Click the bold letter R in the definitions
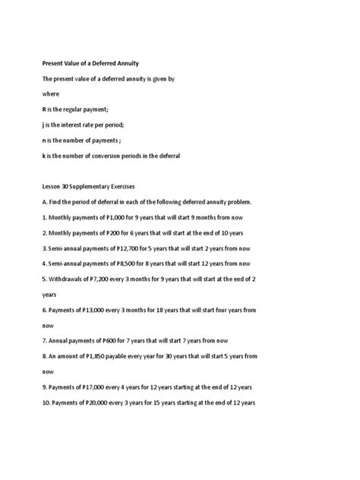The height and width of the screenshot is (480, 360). coord(45,109)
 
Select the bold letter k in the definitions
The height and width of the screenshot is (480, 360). coord(44,156)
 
